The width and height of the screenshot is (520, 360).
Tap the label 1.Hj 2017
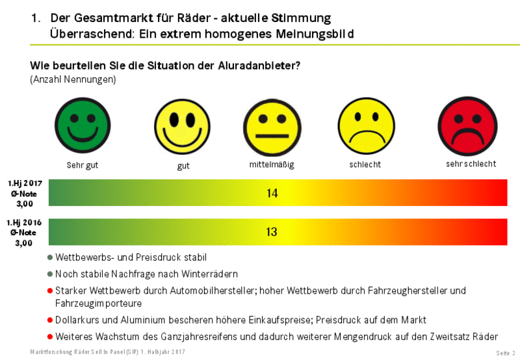(25, 184)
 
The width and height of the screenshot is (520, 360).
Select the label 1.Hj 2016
(25, 223)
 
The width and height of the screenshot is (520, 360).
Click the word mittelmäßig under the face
(272, 165)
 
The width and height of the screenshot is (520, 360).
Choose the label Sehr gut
(83, 165)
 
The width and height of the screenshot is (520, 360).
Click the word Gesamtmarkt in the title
(103, 18)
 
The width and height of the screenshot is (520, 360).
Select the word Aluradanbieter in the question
(254, 66)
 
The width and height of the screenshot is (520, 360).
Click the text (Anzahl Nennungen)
(73, 79)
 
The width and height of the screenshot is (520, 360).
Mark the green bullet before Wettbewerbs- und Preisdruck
(51, 258)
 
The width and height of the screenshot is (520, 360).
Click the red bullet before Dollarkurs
(51, 320)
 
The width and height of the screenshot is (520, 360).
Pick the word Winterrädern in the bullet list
(210, 274)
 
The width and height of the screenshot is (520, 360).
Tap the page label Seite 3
(505, 352)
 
